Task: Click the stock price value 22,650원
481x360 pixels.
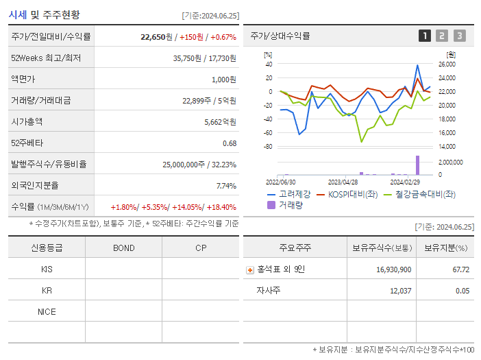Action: [x=157, y=37]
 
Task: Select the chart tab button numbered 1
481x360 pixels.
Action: [x=425, y=36]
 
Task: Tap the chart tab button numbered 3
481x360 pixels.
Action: [x=459, y=36]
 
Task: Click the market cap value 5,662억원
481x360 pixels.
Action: [x=220, y=121]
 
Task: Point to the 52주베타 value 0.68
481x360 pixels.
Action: [x=229, y=143]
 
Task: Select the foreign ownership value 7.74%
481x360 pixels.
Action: [x=226, y=185]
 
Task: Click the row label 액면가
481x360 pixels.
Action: [x=23, y=80]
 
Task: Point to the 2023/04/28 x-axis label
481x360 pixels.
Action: [x=343, y=182]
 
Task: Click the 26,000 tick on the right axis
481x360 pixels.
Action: [x=447, y=64]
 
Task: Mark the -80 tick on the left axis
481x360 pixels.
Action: [x=268, y=147]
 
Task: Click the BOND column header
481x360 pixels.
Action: [x=123, y=248]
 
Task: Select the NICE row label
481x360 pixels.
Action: [x=47, y=312]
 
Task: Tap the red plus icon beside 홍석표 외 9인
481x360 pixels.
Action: [x=250, y=269]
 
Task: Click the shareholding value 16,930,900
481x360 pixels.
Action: [x=393, y=269]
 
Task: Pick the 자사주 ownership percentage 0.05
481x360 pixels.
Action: [x=462, y=291]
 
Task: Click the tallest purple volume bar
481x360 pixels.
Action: [x=417, y=165]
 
